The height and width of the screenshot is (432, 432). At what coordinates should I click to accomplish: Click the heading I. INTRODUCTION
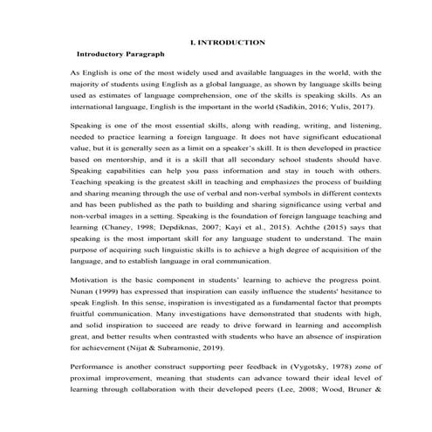pyautogui.click(x=228, y=42)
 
